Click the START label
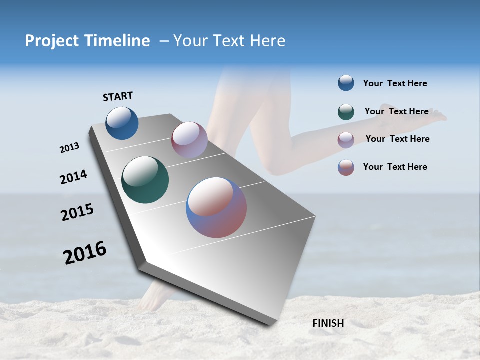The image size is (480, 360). pos(118,96)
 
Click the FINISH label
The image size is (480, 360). pos(328,323)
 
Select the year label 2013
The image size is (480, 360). pos(69,148)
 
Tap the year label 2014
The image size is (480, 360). pos(73,177)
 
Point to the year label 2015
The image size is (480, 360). pos(77,212)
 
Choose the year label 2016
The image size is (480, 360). pos(85,252)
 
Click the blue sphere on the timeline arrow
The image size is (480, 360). pos(122,123)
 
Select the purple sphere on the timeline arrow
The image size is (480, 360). pos(189,139)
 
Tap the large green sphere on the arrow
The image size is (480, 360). pos(145,180)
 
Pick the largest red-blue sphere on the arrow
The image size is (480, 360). pos(216,207)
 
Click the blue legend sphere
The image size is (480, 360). pos(346,83)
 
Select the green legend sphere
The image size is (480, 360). pos(346,112)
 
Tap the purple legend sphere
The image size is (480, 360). pos(346,140)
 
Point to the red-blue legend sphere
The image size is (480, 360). pos(346,167)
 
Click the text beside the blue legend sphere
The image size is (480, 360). pos(395,83)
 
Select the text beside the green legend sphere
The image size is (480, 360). pos(396,111)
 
